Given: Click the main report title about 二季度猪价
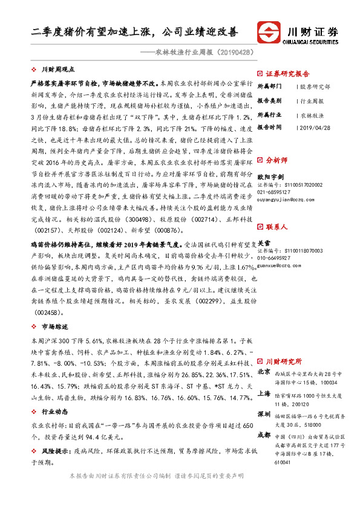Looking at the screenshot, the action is pyautogui.click(x=134, y=31).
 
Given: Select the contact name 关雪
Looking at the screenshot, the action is pyautogui.click(x=264, y=242).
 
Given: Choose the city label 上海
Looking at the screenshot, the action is pyautogui.click(x=264, y=393).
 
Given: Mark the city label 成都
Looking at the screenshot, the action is pyautogui.click(x=264, y=435).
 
